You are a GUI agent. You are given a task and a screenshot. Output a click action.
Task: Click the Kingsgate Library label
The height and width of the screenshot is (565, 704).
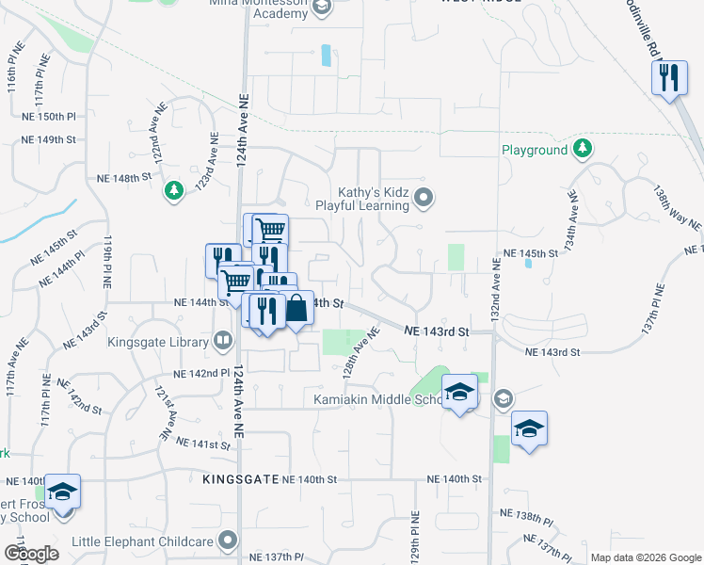tap(157, 342)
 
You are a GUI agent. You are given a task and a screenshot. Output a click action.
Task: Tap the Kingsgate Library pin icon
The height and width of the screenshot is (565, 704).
tap(223, 341)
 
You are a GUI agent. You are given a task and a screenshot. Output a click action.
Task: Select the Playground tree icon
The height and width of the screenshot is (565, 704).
tap(583, 149)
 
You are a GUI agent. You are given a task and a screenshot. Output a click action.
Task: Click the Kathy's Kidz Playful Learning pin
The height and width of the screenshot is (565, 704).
tap(424, 197)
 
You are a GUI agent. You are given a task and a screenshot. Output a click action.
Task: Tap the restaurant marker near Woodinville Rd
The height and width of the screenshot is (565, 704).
tap(668, 78)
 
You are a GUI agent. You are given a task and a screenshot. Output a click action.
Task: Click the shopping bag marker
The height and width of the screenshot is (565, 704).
tap(296, 308)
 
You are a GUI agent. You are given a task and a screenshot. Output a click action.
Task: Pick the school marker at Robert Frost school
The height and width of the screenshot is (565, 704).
tap(63, 492)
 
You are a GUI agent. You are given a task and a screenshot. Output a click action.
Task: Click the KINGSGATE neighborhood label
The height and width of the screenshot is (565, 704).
tap(241, 479)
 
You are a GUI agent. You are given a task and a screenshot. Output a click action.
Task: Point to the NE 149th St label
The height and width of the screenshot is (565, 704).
tap(50, 139)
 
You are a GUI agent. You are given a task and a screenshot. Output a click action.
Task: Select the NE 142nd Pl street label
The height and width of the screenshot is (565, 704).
tap(203, 374)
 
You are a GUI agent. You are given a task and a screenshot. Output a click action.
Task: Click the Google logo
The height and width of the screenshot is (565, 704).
tap(30, 554)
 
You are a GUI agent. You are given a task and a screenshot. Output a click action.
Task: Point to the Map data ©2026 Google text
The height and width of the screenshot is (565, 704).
tap(645, 557)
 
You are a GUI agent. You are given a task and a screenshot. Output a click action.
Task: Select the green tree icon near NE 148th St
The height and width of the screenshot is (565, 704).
tap(173, 191)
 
